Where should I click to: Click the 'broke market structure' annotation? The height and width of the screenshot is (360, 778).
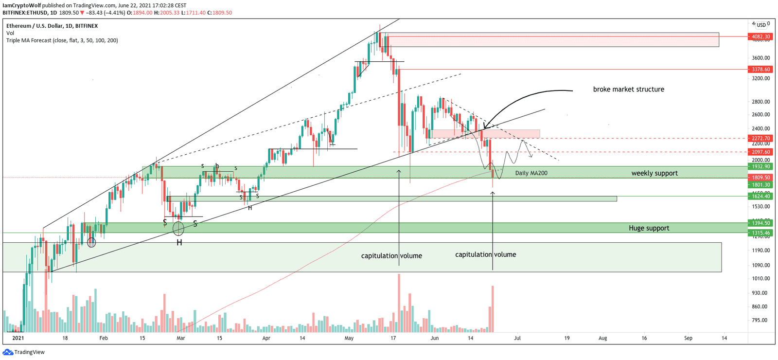point(628,90)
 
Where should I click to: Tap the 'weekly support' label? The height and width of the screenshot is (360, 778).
point(654,173)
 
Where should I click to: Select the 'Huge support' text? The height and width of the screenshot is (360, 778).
point(649,228)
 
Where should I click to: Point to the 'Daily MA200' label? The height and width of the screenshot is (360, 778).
point(531,173)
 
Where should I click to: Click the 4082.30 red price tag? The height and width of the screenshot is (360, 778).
point(760,36)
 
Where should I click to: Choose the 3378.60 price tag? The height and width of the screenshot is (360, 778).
point(760,70)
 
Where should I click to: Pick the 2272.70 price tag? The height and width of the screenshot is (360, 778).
point(760,138)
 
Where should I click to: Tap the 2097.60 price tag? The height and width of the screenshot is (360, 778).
point(760,152)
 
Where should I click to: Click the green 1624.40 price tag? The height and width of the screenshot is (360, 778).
point(760,196)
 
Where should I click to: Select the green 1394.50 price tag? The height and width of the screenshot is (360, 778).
point(760,223)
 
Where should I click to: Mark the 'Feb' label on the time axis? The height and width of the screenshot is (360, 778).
point(103,338)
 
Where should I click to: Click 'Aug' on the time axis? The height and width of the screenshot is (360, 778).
point(602,338)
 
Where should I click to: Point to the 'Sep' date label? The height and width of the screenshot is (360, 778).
point(688,338)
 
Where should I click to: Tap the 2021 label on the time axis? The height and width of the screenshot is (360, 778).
point(18,338)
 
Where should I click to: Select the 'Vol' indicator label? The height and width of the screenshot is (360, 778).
point(10,33)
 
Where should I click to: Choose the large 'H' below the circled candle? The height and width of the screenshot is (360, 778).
point(179,242)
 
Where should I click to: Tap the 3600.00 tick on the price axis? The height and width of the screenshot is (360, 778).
point(760,58)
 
